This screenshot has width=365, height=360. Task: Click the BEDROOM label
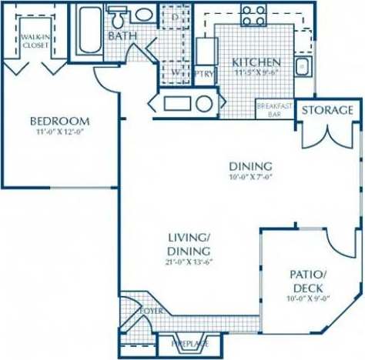(x=59, y=121)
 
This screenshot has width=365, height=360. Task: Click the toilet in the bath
(x=119, y=16)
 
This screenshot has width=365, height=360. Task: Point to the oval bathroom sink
(x=143, y=15)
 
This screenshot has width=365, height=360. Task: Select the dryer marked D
(x=176, y=17)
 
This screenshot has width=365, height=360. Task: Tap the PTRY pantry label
(x=204, y=74)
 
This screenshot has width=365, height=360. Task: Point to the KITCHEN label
(x=256, y=62)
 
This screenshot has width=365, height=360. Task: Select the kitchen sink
(x=303, y=65)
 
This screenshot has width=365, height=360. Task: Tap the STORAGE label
(x=327, y=110)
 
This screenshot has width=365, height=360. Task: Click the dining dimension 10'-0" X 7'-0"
(x=250, y=177)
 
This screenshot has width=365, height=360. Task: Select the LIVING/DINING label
(x=189, y=245)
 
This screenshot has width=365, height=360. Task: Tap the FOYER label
(x=150, y=311)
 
